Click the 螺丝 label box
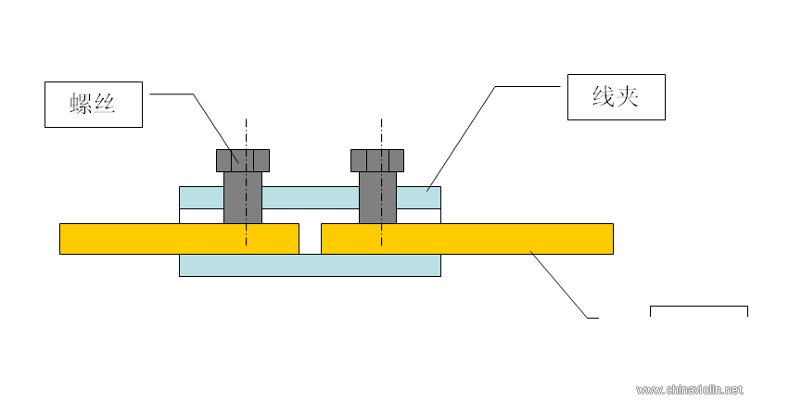(94, 105)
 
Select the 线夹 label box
(617, 97)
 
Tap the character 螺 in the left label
(81, 104)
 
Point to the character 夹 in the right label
(627, 96)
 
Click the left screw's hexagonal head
(243, 161)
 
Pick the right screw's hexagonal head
(377, 161)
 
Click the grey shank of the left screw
(243, 197)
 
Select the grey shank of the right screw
(378, 197)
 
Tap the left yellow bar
(180, 239)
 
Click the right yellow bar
(467, 239)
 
